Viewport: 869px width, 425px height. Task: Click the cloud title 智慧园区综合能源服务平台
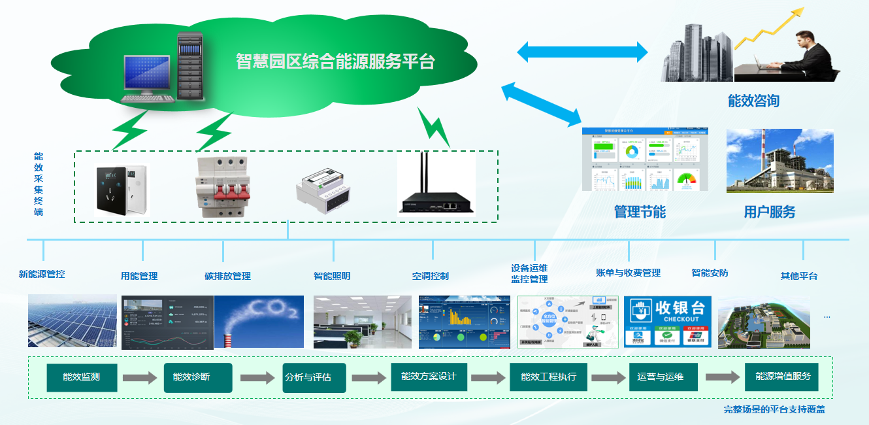(335, 62)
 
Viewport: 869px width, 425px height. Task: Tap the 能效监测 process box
(82, 377)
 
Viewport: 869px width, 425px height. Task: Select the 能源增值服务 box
(782, 377)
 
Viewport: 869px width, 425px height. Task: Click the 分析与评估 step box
(314, 378)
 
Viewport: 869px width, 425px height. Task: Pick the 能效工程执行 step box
(548, 377)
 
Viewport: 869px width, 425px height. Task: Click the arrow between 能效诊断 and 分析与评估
(257, 378)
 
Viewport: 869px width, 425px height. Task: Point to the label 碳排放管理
(227, 276)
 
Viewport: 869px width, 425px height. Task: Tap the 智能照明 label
(332, 276)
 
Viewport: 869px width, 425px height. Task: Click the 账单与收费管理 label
(628, 273)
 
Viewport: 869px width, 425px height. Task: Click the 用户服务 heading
(770, 212)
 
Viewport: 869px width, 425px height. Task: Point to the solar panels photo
(72, 321)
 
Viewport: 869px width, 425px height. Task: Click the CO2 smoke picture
(259, 321)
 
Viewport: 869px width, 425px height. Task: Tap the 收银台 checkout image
(667, 321)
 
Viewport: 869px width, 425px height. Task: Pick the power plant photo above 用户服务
(779, 161)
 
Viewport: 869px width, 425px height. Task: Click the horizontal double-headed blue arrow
(582, 52)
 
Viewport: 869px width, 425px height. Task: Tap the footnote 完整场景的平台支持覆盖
(774, 410)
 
